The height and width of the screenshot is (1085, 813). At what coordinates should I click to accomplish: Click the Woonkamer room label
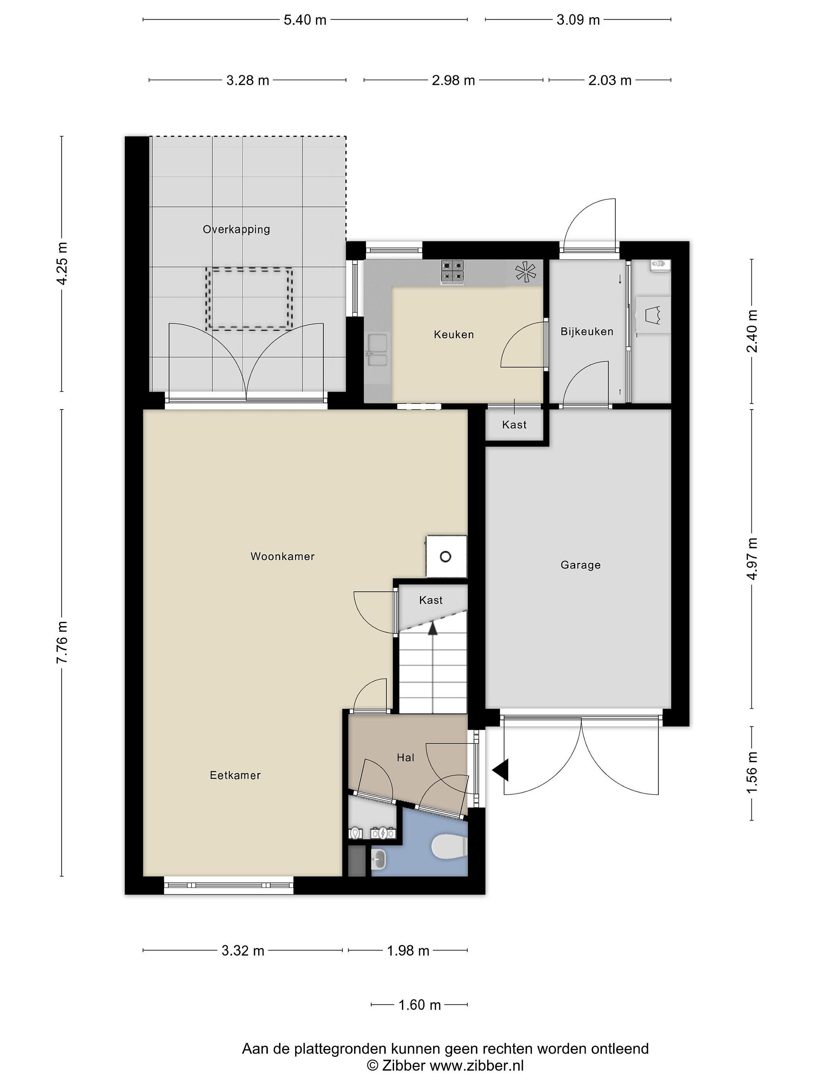pos(282,556)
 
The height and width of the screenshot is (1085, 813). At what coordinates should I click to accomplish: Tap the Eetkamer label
pos(235,775)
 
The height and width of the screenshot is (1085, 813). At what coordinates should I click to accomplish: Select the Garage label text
pos(581,565)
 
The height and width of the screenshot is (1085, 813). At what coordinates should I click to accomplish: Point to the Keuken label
pos(454,335)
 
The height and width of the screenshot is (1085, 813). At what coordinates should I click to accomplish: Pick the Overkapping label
pos(236,229)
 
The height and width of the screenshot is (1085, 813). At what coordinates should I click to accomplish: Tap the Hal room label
pos(406,758)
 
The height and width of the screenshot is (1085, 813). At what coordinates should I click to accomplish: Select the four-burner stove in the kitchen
pos(452,272)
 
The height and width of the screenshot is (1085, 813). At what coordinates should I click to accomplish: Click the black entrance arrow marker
pos(501,770)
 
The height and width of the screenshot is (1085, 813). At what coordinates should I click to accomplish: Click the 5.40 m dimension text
pos(305,20)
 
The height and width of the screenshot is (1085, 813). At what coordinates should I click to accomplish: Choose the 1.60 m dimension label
pos(420,1005)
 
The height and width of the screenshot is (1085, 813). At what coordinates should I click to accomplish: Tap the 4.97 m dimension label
pos(752,559)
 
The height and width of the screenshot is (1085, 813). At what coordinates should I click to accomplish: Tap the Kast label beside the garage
pos(514,425)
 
